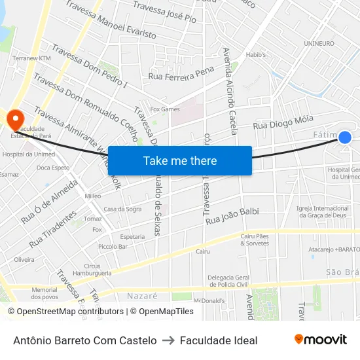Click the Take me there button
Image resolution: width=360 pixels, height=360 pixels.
point(180,160)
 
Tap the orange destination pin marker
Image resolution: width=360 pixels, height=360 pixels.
point(14,118)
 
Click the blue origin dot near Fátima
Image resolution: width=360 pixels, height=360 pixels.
point(345,137)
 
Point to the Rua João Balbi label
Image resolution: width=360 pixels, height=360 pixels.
point(232,217)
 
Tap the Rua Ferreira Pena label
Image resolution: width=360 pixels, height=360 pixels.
point(181,73)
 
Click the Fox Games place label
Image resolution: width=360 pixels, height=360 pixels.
point(165,109)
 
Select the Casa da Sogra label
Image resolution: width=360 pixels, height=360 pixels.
point(122,209)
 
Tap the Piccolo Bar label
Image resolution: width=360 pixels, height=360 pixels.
point(113,247)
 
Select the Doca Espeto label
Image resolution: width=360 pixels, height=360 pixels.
point(53,168)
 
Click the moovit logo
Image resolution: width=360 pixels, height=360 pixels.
point(320,339)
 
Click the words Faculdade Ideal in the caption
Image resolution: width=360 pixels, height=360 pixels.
point(219,340)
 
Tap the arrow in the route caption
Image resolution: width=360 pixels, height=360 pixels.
point(168,340)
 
